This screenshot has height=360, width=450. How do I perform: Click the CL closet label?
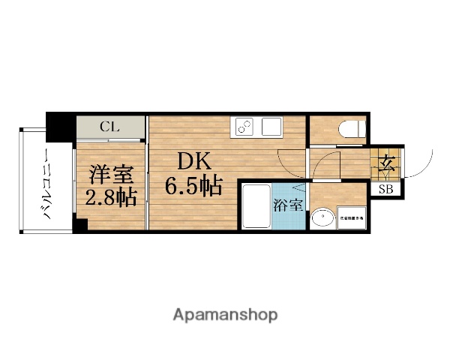(x=109, y=127)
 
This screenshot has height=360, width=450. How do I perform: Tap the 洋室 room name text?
(x=112, y=175)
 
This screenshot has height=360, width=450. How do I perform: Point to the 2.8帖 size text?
(x=112, y=198)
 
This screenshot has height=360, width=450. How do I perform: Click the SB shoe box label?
(x=385, y=189)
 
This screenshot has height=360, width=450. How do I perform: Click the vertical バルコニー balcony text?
(x=46, y=183)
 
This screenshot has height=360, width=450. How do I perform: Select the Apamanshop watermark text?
(x=224, y=313)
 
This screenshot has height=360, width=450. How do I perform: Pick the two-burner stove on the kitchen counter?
(x=244, y=127)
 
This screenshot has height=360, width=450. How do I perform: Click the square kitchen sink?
(x=270, y=127)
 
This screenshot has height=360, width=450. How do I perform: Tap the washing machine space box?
(x=351, y=217)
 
